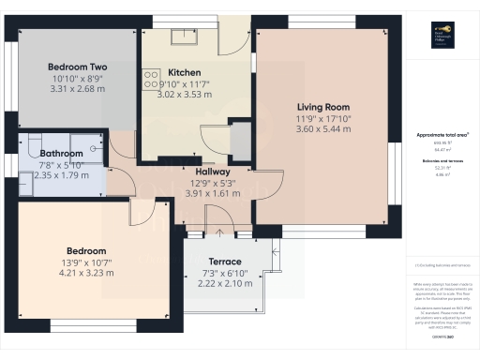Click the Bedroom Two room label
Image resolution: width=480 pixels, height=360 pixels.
(x=77, y=67)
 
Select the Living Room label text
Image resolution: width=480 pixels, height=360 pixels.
(x=323, y=107)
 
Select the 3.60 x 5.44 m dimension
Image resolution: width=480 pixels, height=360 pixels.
(x=323, y=129)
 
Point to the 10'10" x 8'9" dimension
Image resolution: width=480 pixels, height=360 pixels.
(x=77, y=79)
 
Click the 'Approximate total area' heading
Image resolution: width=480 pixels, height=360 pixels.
(x=441, y=135)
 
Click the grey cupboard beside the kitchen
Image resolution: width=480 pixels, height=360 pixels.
(x=241, y=141)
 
